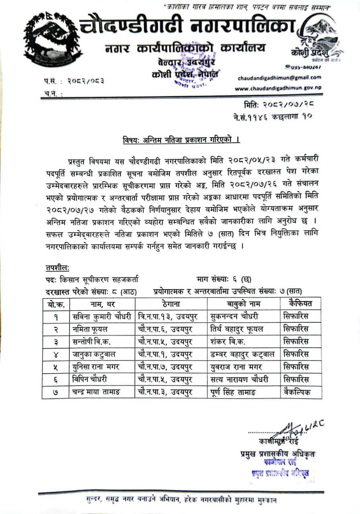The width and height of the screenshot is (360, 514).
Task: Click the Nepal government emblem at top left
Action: tap(47, 38)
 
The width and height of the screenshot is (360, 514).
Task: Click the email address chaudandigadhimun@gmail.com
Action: tap(279, 78)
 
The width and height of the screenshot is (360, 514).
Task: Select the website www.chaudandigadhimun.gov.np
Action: tap(278, 88)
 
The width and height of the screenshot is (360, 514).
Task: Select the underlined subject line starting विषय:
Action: tap(181, 140)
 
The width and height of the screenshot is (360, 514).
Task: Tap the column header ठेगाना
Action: tap(171, 304)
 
